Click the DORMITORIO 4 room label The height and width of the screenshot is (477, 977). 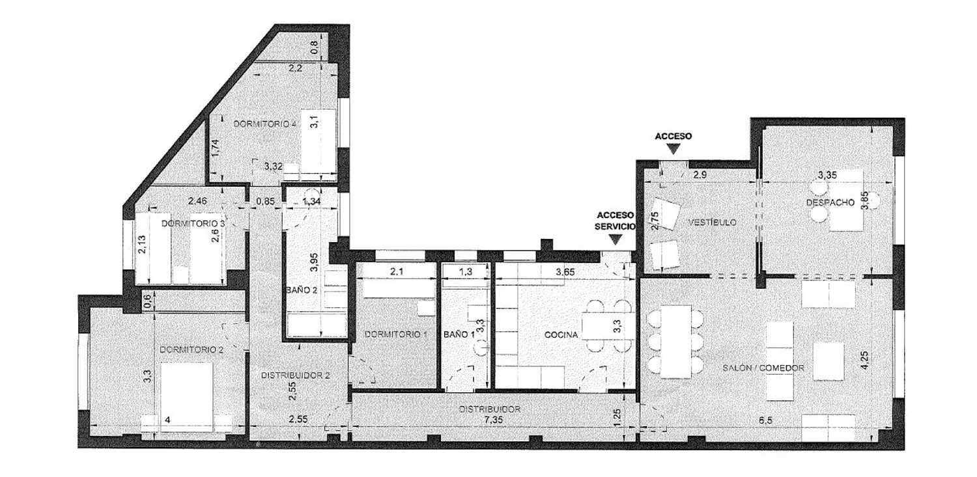pyautogui.click(x=264, y=124)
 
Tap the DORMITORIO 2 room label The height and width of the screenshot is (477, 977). pyautogui.click(x=191, y=350)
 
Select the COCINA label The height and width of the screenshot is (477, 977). pyautogui.click(x=561, y=334)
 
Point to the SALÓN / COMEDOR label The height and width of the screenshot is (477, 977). pyautogui.click(x=763, y=368)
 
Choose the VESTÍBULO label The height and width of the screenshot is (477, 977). pyautogui.click(x=713, y=222)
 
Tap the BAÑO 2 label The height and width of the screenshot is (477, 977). pyautogui.click(x=302, y=290)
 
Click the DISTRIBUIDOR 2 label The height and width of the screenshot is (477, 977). pyautogui.click(x=295, y=375)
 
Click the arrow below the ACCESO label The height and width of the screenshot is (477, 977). pyautogui.click(x=673, y=150)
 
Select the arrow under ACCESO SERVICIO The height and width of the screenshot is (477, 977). pyautogui.click(x=616, y=239)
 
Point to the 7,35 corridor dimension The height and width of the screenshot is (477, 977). pyautogui.click(x=493, y=420)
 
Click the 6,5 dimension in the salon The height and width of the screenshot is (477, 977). pyautogui.click(x=765, y=420)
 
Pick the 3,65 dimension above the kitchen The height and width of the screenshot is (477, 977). pyautogui.click(x=565, y=272)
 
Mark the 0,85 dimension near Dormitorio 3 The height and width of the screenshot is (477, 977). pyautogui.click(x=265, y=201)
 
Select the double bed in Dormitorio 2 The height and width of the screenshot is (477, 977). pyautogui.click(x=187, y=397)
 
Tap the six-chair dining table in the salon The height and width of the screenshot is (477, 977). pyautogui.click(x=675, y=342)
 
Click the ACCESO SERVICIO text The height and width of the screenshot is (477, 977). pyautogui.click(x=615, y=221)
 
